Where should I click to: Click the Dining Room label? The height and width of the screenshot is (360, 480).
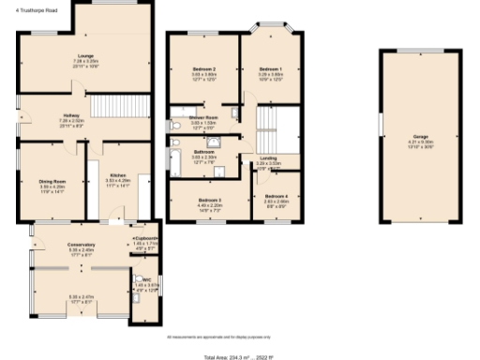pos(52,182)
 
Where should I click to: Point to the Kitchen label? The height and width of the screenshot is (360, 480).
pos(118,175)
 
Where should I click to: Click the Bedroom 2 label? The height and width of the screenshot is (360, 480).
pos(204,70)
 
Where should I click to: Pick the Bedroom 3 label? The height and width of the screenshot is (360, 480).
pos(210,200)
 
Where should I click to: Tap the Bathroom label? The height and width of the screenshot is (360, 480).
pos(204,151)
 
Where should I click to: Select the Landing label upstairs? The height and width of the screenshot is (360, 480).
pos(269,158)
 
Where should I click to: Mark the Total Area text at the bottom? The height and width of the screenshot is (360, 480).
pos(239,356)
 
